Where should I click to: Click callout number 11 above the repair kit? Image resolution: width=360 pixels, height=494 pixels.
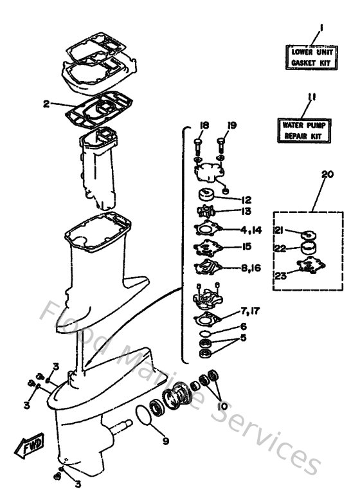pyautogui.click(x=311, y=98)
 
